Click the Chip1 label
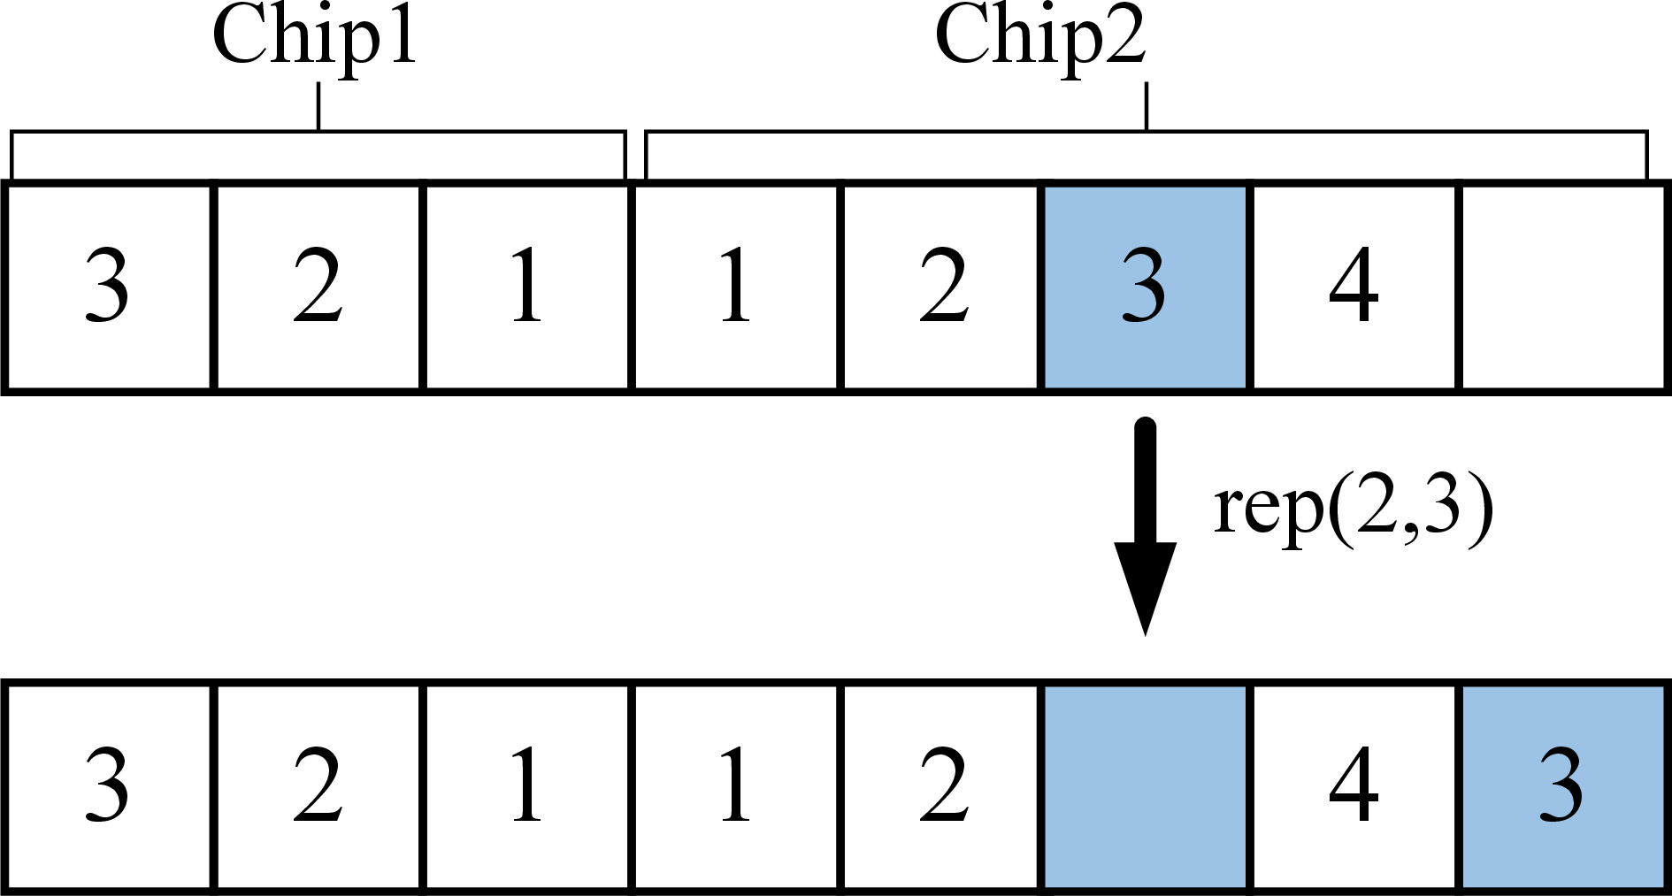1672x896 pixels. tap(314, 37)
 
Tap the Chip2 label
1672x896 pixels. tap(1040, 37)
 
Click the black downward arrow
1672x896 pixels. tap(1145, 526)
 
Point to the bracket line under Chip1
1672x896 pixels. tap(318, 132)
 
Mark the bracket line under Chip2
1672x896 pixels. tap(1147, 132)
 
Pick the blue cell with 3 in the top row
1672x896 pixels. tap(1146, 287)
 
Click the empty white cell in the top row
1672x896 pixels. tap(1563, 287)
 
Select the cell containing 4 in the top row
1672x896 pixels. tap(1354, 287)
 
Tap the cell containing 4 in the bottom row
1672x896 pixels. tap(1354, 785)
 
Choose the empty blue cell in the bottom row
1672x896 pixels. tap(1146, 785)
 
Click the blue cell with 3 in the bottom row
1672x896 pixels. tap(1563, 785)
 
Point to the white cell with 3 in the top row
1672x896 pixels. tap(108, 287)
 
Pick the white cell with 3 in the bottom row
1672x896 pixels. tap(108, 785)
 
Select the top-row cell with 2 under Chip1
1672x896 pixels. tap(318, 287)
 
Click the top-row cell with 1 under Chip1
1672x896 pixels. tap(527, 287)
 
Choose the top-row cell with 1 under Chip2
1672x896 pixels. tap(736, 287)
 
